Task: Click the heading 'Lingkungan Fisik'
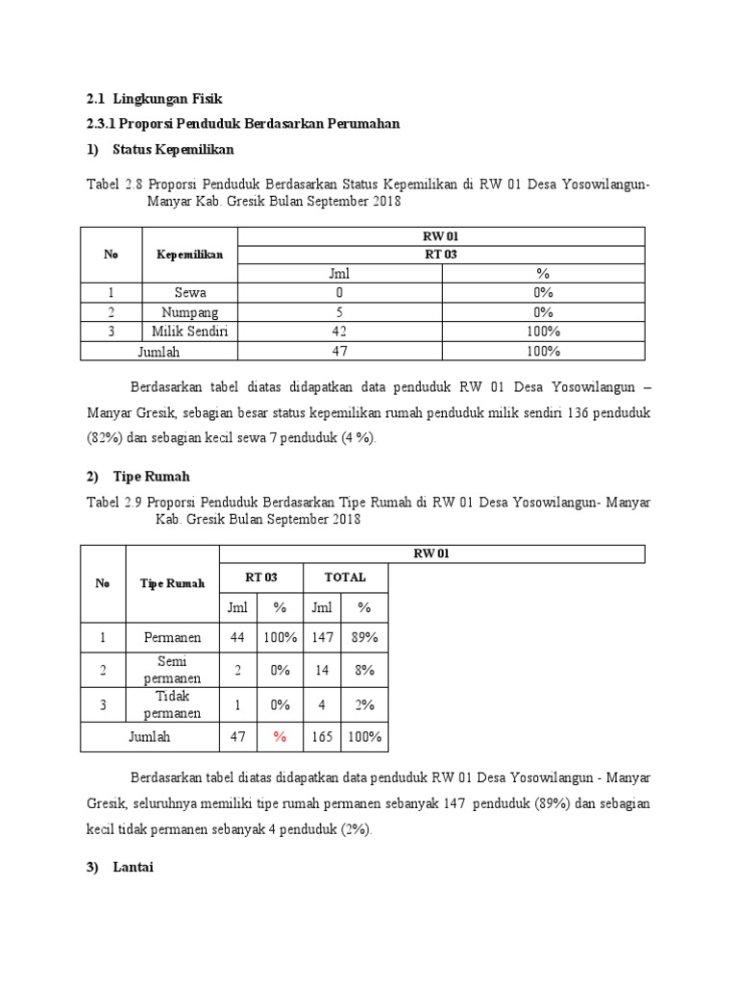click(167, 98)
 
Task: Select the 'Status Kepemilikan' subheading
click(173, 150)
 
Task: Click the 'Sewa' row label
click(189, 293)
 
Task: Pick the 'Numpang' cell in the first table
click(189, 312)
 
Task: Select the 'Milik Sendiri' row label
click(189, 332)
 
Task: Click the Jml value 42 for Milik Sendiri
click(339, 332)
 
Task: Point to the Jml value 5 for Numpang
click(339, 312)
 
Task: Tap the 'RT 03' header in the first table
click(440, 255)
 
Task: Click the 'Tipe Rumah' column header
click(173, 583)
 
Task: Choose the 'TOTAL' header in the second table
click(345, 578)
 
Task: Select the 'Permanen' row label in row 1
click(173, 637)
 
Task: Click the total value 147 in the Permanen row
click(323, 637)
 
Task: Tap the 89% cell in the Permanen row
click(364, 637)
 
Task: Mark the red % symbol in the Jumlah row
click(281, 737)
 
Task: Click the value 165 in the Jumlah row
click(323, 737)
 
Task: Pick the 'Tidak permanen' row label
click(173, 704)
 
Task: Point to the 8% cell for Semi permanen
click(364, 671)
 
